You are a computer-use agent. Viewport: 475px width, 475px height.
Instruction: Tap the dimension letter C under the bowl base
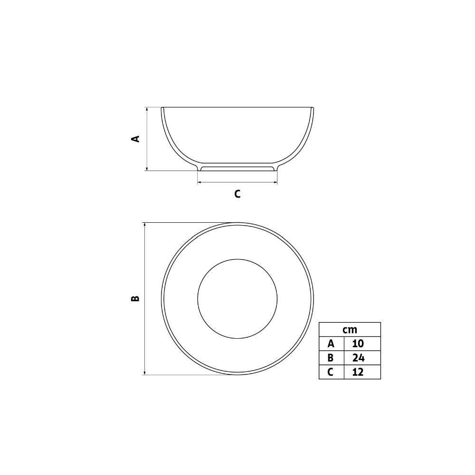click(237, 194)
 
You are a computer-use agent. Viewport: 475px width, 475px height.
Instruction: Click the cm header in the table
click(350, 330)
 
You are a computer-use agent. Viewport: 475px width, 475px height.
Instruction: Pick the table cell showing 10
click(358, 343)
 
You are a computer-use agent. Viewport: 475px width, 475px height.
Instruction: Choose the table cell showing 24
click(358, 358)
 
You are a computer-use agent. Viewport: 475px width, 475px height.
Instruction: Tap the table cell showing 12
click(358, 372)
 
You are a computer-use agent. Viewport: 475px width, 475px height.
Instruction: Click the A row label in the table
click(331, 343)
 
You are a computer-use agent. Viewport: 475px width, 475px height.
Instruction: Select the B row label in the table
click(331, 358)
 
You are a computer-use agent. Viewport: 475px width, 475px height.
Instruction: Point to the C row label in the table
click(331, 372)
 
